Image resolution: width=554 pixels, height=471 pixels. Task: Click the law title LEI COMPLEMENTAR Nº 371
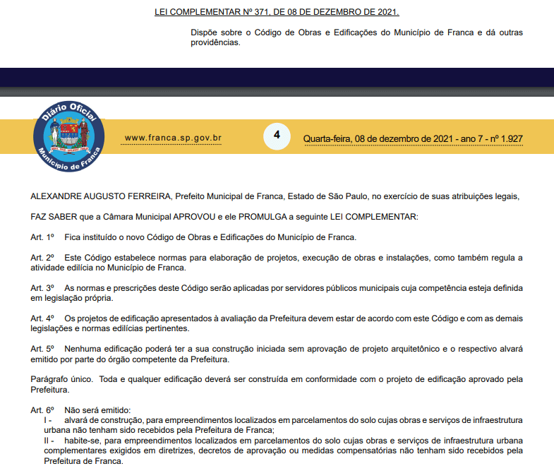(276, 12)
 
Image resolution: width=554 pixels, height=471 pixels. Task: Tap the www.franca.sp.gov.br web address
(173, 138)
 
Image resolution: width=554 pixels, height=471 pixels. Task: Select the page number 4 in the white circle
(277, 135)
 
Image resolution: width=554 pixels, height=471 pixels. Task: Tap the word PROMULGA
(251, 216)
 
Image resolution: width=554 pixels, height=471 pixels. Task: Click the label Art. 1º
(42, 237)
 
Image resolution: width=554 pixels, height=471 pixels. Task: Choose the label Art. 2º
(42, 258)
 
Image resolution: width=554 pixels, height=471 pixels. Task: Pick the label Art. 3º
(42, 288)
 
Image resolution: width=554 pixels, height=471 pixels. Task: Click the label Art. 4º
(42, 318)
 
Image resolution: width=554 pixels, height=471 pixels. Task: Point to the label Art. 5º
(42, 349)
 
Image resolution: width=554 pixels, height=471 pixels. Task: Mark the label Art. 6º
(42, 410)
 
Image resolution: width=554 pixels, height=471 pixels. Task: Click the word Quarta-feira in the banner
(327, 138)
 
